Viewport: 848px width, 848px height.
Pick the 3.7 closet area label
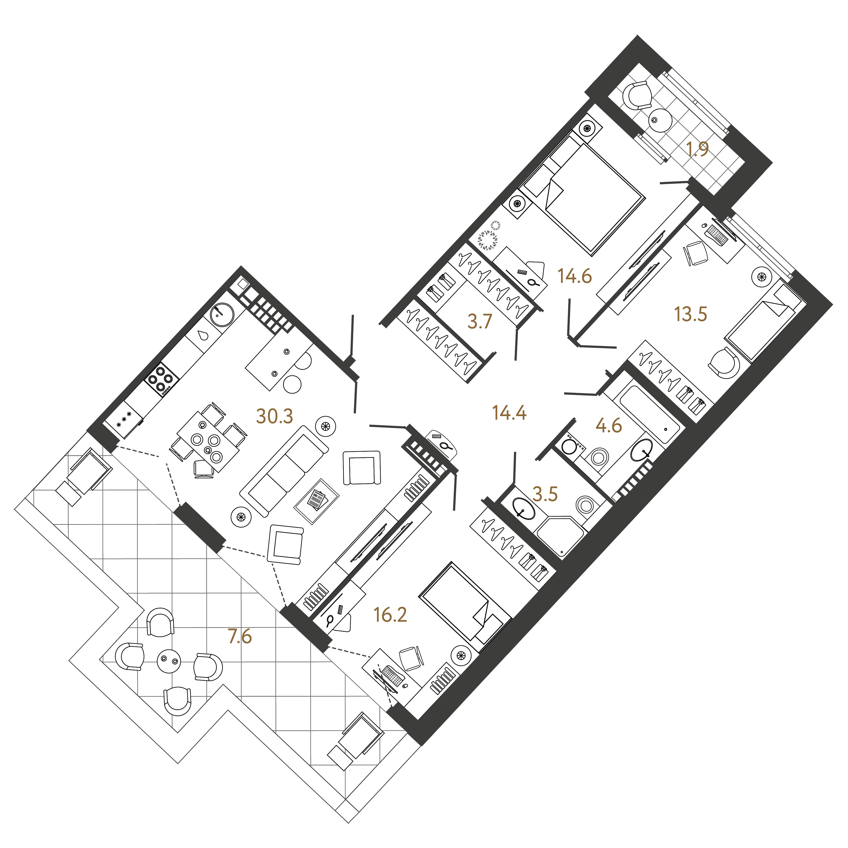(x=480, y=322)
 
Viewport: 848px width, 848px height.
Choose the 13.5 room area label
(x=690, y=314)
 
